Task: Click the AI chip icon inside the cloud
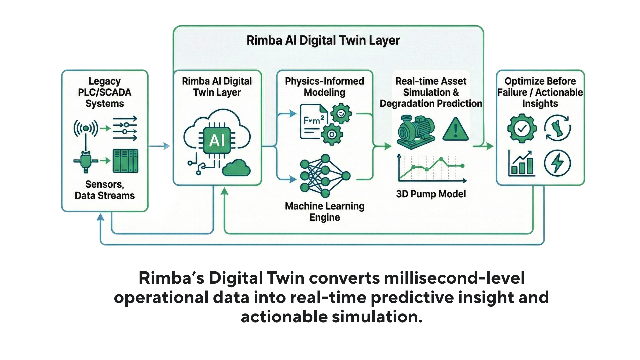point(217,140)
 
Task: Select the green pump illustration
point(416,131)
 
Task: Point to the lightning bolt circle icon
point(557,163)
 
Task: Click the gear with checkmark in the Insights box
point(522,128)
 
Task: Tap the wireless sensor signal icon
point(86,128)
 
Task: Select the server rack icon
point(125,161)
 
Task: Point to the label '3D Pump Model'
point(431,194)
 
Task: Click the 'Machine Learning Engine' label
point(325,212)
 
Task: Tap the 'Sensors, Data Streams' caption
point(105,190)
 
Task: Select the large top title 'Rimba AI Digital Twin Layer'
point(323,40)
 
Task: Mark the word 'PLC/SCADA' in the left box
point(105,92)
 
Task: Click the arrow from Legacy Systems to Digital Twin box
point(159,146)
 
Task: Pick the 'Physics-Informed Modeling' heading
point(324,87)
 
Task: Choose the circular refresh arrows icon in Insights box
point(557,128)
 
